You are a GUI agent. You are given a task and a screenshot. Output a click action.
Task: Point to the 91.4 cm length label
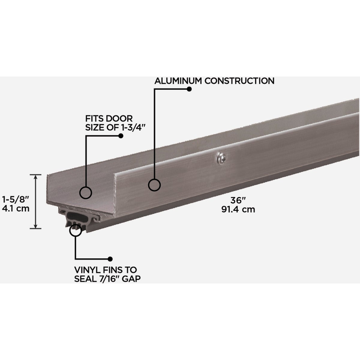tap(238, 209)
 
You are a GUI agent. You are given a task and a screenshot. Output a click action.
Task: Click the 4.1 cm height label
tap(16, 208)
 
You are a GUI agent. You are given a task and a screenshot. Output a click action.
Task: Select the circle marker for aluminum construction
tap(154, 185)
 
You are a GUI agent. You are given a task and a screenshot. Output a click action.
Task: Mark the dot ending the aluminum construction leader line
tap(189, 89)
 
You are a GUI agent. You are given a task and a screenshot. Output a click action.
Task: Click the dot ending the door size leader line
tap(121, 136)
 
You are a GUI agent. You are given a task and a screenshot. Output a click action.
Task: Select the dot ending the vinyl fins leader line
tap(110, 259)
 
